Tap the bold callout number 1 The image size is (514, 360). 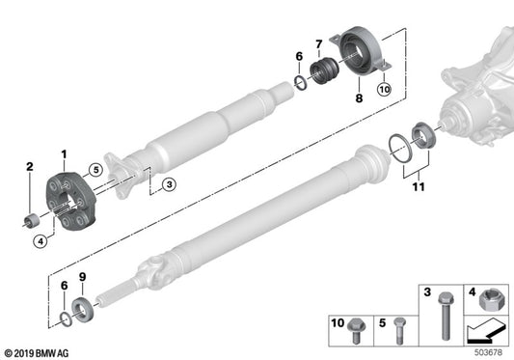(x=65, y=155)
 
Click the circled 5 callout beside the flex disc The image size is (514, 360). (x=95, y=172)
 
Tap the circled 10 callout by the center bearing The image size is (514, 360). (x=383, y=91)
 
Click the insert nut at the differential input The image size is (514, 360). (x=426, y=133)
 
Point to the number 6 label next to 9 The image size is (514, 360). (x=64, y=287)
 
